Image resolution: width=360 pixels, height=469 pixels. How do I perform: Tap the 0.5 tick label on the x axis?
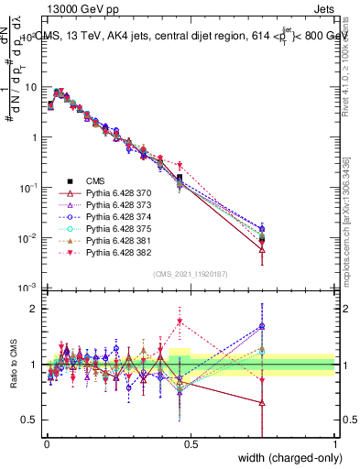191,442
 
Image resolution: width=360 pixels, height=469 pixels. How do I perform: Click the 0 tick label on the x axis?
47,442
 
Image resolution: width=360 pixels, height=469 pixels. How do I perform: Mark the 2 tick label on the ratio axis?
32,309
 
